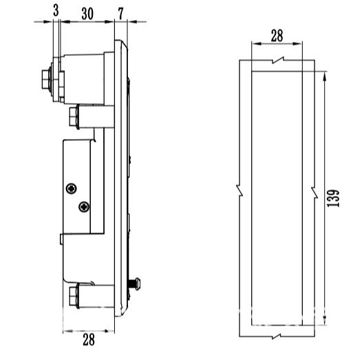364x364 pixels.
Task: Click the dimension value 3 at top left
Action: click(x=55, y=11)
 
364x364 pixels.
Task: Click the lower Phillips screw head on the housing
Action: click(x=84, y=205)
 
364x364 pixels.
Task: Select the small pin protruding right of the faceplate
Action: click(x=138, y=283)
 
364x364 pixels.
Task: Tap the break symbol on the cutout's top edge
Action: click(x=277, y=61)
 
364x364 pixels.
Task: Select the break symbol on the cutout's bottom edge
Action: click(x=277, y=336)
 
